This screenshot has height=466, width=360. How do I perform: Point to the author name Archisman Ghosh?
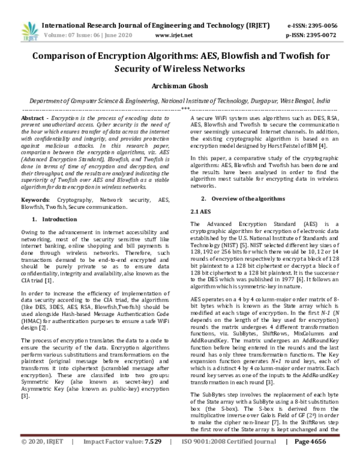click(x=179, y=85)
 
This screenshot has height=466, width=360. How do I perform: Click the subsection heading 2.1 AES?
click(x=199, y=212)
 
